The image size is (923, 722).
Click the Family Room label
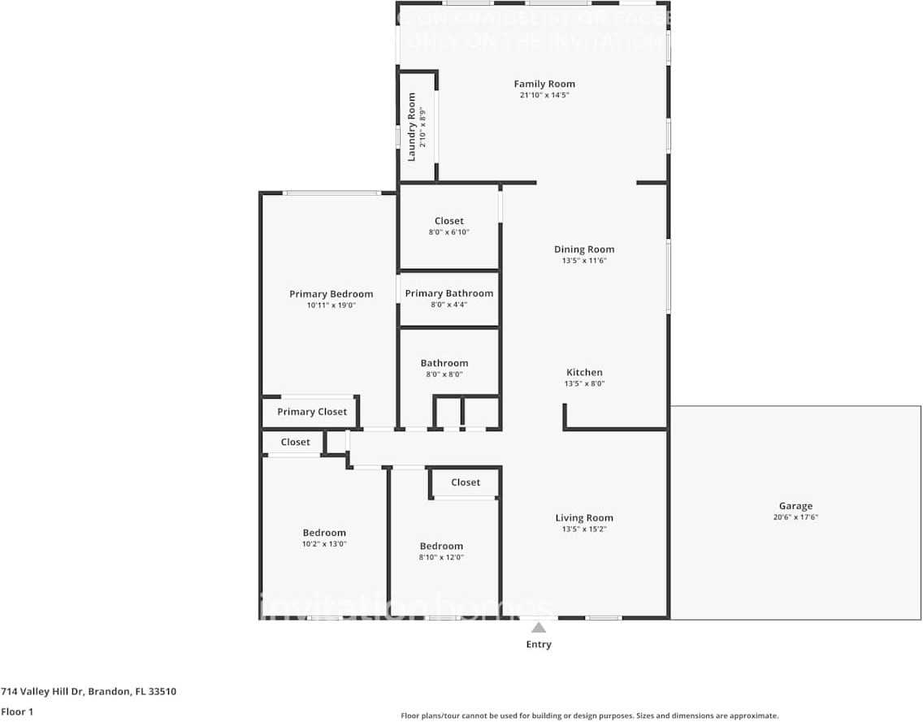[544, 84]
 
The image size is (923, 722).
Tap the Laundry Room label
[411, 126]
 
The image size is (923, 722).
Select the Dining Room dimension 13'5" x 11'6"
[584, 261]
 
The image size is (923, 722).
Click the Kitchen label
[584, 372]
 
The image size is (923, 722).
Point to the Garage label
[795, 506]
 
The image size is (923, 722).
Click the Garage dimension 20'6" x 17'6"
[795, 517]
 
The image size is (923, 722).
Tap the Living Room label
[584, 517]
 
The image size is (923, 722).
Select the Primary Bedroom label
[331, 294]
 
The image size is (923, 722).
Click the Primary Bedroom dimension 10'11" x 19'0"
[331, 305]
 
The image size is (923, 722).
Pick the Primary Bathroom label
[448, 293]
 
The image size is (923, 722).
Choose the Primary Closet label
[311, 412]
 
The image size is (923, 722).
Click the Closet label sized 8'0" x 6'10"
[448, 221]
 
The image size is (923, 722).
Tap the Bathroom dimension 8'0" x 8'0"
[444, 374]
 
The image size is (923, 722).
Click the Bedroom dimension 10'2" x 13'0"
[324, 544]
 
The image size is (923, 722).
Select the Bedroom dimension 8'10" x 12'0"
[441, 557]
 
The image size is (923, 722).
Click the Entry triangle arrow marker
[538, 626]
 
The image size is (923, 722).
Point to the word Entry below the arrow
[538, 644]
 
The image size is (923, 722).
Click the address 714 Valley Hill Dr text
[89, 691]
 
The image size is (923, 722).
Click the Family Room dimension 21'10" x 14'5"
[544, 95]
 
